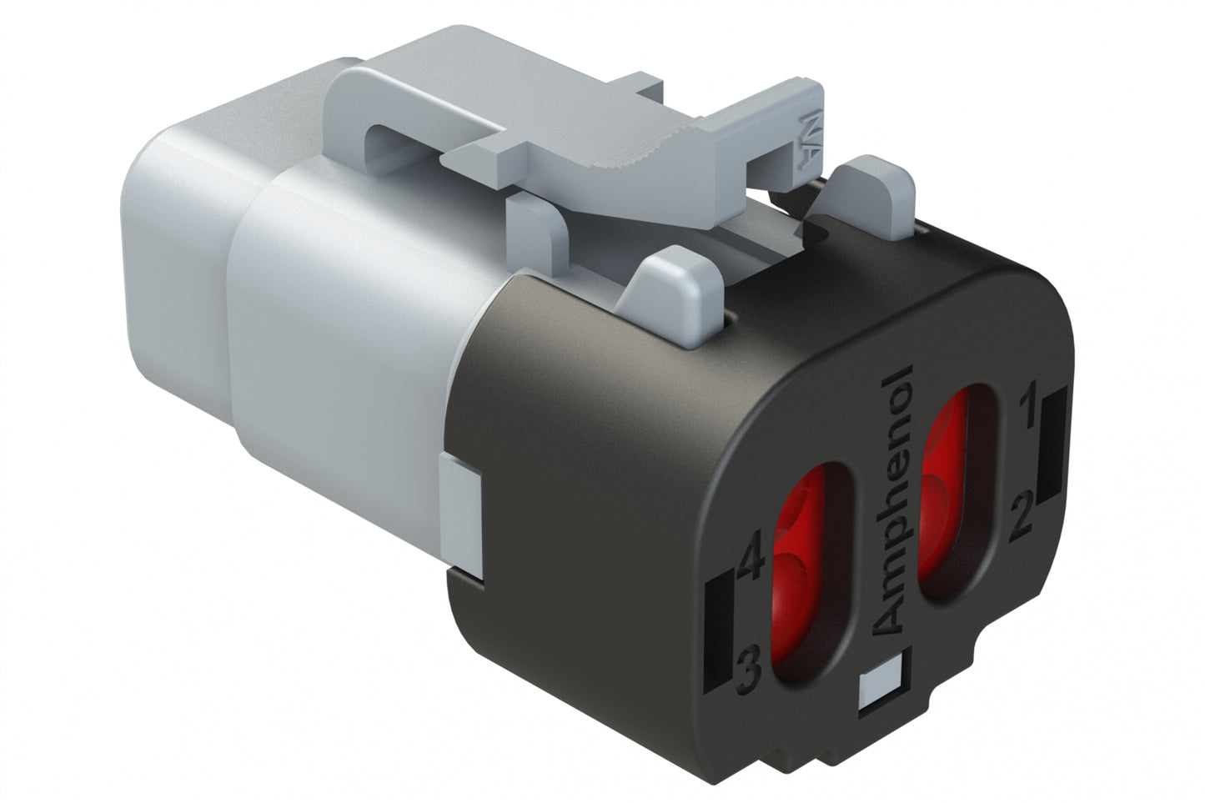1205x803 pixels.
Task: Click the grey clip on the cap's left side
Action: point(460,517)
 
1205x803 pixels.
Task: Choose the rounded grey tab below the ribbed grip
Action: point(675,284)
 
